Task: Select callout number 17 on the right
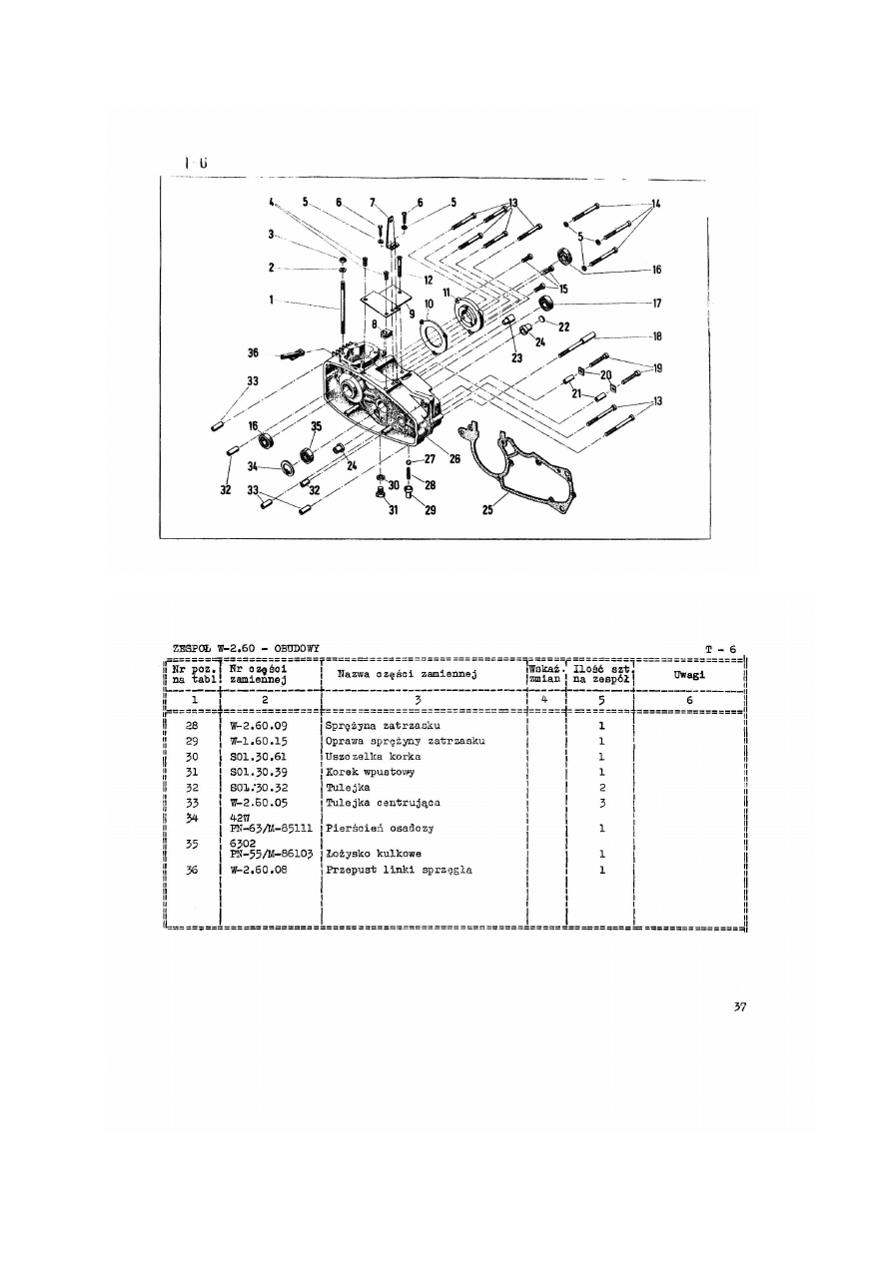[x=656, y=303]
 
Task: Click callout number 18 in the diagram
[x=656, y=336]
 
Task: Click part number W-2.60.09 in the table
[x=259, y=725]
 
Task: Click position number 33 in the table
[x=193, y=803]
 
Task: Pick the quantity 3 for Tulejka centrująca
[x=600, y=803]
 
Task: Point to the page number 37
[x=739, y=1006]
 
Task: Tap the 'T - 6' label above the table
[x=719, y=650]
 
